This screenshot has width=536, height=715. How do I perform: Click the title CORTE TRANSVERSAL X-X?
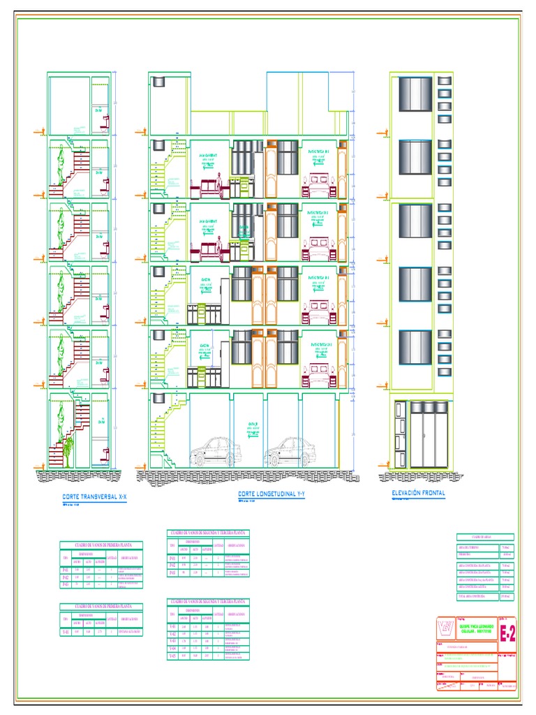(95, 496)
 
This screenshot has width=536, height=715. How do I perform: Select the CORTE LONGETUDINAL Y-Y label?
(273, 494)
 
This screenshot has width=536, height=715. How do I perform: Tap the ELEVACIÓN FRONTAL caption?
(418, 493)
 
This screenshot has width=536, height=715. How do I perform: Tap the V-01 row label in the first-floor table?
(66, 632)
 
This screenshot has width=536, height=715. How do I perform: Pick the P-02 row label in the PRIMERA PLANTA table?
(66, 577)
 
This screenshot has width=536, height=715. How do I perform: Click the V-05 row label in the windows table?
(172, 656)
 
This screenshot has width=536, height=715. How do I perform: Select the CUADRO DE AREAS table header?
(484, 536)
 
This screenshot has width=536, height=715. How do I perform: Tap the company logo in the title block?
(445, 628)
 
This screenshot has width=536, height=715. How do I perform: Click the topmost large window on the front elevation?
(415, 94)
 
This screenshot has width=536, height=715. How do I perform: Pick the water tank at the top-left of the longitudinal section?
(158, 82)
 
